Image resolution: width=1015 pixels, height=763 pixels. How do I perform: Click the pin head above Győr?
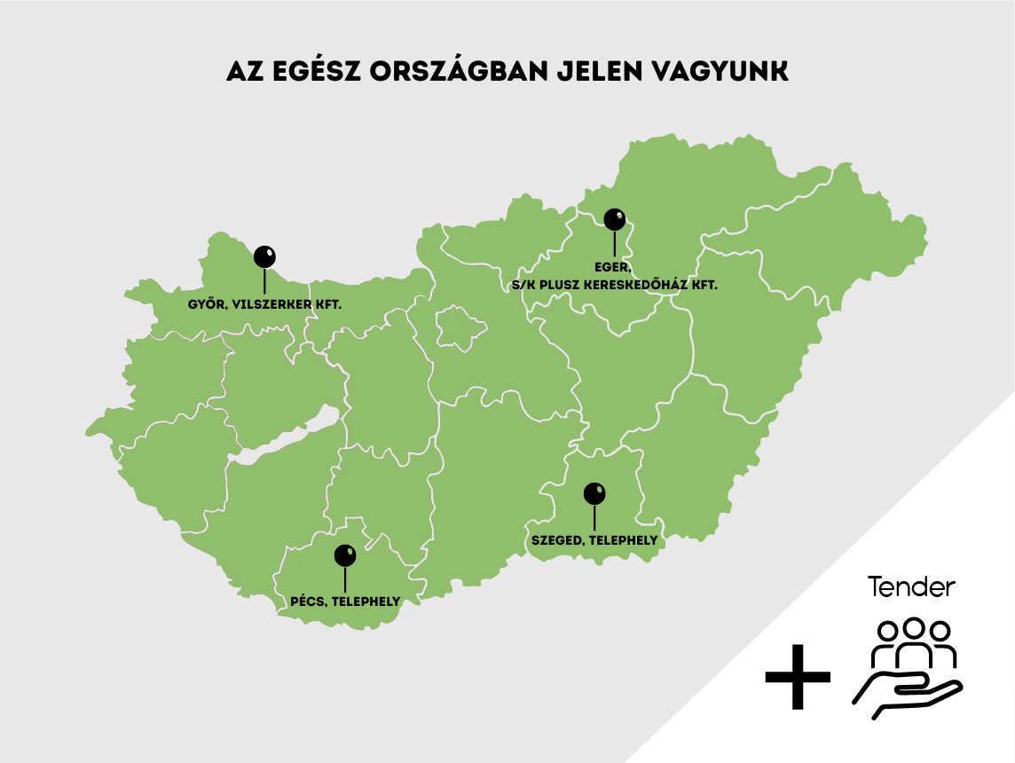click(264, 256)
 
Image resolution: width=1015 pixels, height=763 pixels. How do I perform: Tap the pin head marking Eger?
click(614, 218)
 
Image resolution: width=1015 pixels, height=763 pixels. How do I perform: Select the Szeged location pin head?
click(594, 493)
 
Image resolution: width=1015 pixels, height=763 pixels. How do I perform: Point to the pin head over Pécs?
click(345, 555)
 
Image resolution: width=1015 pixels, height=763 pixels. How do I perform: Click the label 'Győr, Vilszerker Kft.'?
click(264, 304)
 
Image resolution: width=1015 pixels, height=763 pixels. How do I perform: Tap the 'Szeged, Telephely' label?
click(594, 539)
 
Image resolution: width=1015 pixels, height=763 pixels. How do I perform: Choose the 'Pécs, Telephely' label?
click(345, 602)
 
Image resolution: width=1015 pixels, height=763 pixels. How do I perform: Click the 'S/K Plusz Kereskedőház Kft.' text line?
click(614, 286)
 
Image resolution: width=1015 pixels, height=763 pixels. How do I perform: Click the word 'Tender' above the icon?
click(911, 587)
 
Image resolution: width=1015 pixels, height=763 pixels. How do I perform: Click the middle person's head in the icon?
click(913, 627)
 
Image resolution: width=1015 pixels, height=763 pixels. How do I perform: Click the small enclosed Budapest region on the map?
click(462, 326)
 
